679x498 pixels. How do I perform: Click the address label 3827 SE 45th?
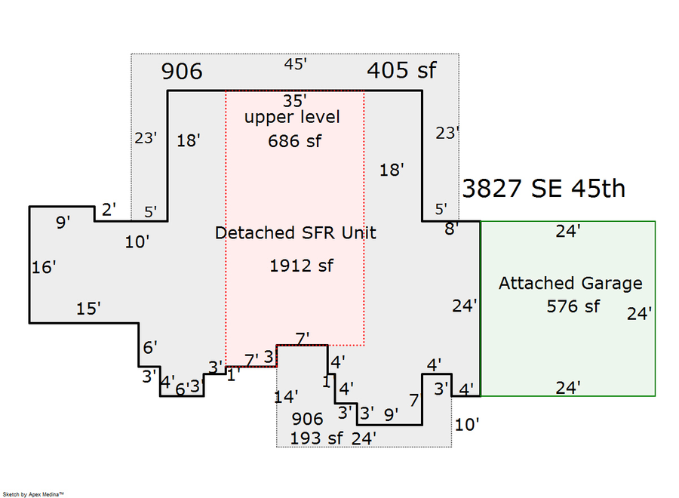click(x=543, y=188)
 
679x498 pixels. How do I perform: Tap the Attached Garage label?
click(x=570, y=284)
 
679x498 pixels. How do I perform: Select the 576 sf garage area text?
click(x=573, y=306)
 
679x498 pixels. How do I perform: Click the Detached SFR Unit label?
click(x=295, y=233)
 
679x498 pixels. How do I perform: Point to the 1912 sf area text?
click(x=300, y=266)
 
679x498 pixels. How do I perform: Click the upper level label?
click(x=292, y=117)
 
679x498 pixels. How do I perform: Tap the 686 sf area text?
click(x=294, y=140)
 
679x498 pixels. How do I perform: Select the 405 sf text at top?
click(x=402, y=71)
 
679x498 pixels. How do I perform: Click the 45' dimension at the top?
click(x=295, y=64)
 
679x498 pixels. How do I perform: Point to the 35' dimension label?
click(x=295, y=100)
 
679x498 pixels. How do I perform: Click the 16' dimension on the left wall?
click(x=44, y=267)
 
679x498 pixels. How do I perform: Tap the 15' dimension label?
click(x=88, y=309)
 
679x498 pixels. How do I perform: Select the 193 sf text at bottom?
click(x=316, y=438)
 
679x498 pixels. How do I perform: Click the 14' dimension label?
click(x=286, y=395)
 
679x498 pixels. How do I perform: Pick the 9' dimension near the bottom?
click(x=391, y=414)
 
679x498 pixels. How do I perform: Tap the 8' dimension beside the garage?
click(x=450, y=229)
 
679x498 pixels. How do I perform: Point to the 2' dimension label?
click(x=109, y=210)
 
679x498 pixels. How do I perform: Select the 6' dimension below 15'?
click(x=149, y=348)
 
